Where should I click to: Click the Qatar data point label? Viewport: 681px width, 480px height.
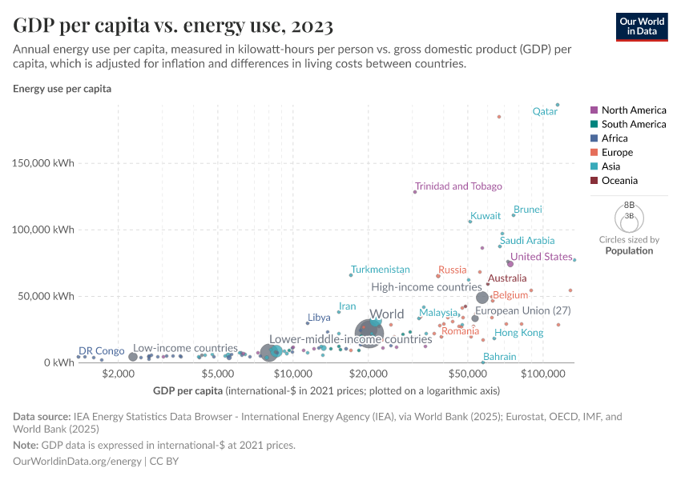[x=545, y=112]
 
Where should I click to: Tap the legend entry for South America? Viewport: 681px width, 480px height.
[x=633, y=124]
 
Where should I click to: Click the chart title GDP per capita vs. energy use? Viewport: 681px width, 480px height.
[x=173, y=26]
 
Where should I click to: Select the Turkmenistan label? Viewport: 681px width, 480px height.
[x=381, y=270]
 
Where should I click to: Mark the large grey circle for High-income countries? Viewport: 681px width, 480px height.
[x=482, y=298]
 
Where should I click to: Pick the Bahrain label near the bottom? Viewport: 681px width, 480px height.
[x=499, y=357]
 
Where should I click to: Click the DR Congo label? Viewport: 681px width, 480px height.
[x=101, y=351]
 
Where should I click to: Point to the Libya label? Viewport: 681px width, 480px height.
[x=319, y=318]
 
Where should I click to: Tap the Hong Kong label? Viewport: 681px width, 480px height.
[x=519, y=333]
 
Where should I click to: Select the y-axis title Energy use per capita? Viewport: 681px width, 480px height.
[x=62, y=89]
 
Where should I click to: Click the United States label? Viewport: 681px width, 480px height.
[x=542, y=257]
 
